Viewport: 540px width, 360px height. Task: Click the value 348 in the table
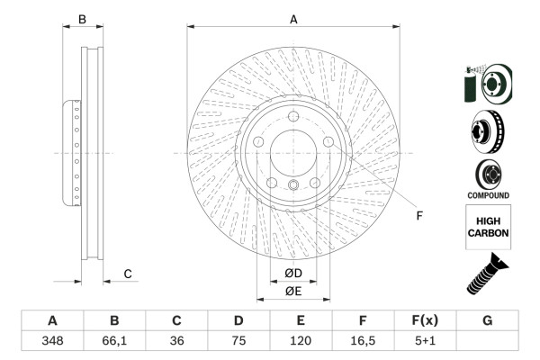click(x=52, y=341)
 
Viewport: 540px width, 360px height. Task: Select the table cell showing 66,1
click(x=114, y=341)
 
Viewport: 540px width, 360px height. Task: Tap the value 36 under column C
click(x=176, y=341)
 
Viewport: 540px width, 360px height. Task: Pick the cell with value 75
click(x=238, y=341)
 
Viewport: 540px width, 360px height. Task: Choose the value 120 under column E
click(x=301, y=341)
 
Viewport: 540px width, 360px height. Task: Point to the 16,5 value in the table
click(x=363, y=341)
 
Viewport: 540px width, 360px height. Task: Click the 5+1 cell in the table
click(x=425, y=341)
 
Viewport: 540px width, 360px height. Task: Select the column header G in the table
click(x=487, y=320)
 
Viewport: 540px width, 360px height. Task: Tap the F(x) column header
click(x=425, y=320)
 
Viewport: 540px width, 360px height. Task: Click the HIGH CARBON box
click(x=488, y=226)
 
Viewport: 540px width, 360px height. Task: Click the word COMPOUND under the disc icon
click(x=488, y=195)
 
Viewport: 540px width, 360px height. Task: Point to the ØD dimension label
click(x=293, y=273)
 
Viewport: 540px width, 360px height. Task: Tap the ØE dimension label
click(x=293, y=291)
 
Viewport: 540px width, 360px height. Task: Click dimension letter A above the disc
click(x=293, y=19)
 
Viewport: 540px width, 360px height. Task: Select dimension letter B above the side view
click(x=81, y=19)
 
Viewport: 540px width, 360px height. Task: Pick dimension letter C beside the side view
click(x=128, y=274)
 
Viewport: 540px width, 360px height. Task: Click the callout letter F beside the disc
click(x=418, y=215)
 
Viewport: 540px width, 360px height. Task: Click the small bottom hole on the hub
click(x=294, y=186)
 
